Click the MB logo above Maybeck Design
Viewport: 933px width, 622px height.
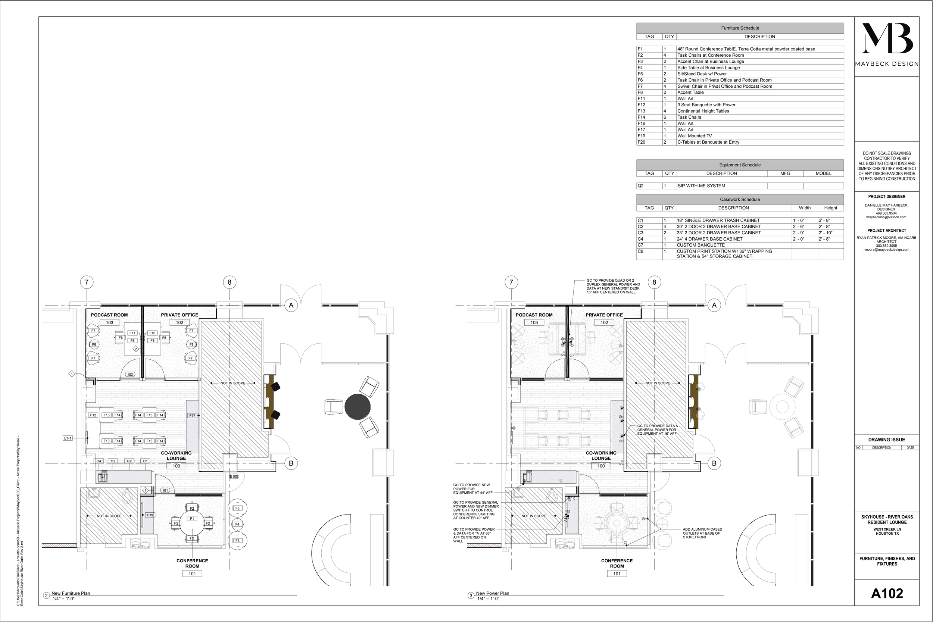tap(887, 38)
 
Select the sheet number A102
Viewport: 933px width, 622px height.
tap(887, 593)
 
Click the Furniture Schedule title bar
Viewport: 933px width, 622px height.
tap(740, 28)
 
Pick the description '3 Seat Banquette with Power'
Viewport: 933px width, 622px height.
tap(706, 105)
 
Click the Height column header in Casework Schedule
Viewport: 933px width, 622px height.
tap(830, 208)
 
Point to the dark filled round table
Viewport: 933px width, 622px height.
tap(358, 407)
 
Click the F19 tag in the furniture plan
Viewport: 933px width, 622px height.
tap(150, 515)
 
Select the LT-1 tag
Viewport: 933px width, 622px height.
tap(68, 438)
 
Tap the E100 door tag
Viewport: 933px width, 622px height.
tap(234, 476)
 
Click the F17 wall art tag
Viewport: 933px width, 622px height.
tap(192, 415)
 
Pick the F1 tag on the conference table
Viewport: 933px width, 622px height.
tap(192, 519)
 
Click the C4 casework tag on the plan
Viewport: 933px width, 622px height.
tap(99, 461)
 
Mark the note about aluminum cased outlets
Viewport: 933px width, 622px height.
tap(702, 533)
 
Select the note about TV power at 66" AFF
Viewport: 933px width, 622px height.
tap(474, 535)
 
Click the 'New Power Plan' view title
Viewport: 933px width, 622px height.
tap(492, 593)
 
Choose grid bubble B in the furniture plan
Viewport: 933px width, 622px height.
tap(291, 463)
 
